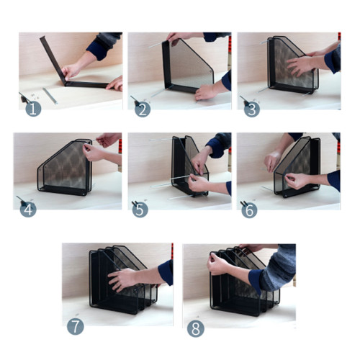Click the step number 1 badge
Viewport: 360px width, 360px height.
(x=33, y=109)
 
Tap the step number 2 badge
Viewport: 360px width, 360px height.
(x=143, y=109)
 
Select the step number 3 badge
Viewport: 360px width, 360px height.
(x=252, y=109)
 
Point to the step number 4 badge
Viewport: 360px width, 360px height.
(x=28, y=210)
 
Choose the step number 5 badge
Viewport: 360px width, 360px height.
(x=140, y=210)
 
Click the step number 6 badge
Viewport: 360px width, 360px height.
(x=249, y=210)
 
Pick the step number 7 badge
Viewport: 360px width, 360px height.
(x=76, y=327)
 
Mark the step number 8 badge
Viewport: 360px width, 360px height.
(x=196, y=328)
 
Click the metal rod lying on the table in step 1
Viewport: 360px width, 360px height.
(x=50, y=96)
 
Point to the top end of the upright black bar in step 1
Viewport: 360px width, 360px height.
(x=42, y=37)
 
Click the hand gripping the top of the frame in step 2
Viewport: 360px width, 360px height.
(x=178, y=37)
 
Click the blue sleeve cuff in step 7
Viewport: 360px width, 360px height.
(x=166, y=272)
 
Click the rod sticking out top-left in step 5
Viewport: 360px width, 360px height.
(x=161, y=140)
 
